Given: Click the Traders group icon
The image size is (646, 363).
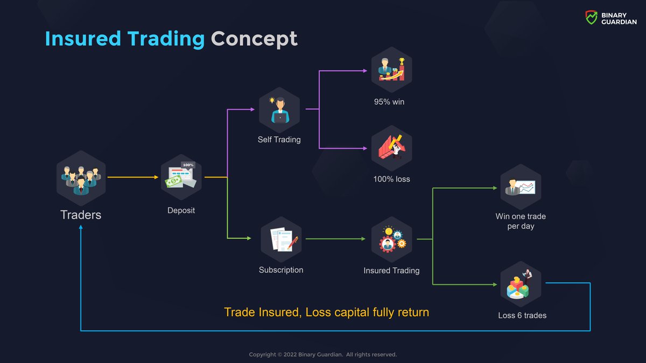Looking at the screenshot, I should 81,177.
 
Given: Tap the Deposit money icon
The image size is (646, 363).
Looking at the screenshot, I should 181,177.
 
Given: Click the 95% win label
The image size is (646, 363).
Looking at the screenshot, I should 389,101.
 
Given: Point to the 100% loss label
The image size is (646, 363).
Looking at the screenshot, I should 391,179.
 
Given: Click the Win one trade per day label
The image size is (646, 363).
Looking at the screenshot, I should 521,221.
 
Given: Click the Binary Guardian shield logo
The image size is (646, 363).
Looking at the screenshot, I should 591,18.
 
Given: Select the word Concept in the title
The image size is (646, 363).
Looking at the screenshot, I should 254,39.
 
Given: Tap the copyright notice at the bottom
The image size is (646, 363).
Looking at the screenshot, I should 323,354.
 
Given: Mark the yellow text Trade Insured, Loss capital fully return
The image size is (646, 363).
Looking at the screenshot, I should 326,312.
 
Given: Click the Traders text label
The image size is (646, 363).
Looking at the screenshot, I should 81,215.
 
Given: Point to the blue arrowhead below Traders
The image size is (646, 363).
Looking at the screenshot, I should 81,228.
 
